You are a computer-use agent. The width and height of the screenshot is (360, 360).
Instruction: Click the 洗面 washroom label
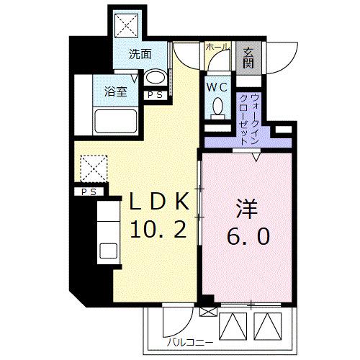click(x=140, y=54)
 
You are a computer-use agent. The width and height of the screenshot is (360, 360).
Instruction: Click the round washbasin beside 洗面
click(x=155, y=78)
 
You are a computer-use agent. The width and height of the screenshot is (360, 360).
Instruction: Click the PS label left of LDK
click(x=88, y=192)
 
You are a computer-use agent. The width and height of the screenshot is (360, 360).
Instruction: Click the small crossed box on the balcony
click(x=208, y=311)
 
